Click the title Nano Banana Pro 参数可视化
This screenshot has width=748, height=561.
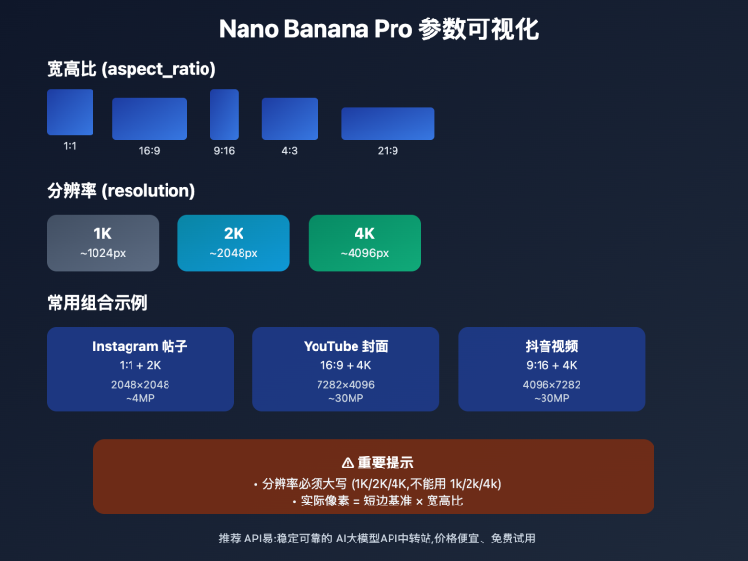[378, 29]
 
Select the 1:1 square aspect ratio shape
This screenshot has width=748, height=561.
[70, 112]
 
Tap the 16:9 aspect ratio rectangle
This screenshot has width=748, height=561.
[149, 119]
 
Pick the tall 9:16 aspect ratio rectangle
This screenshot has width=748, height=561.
[224, 115]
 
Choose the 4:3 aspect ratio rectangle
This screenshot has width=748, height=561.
[289, 119]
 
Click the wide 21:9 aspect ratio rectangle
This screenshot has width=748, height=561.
[388, 124]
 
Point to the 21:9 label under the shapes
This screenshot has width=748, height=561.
[388, 150]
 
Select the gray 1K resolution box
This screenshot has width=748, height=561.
[102, 243]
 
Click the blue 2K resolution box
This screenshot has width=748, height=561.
[233, 243]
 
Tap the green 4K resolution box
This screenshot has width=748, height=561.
[364, 243]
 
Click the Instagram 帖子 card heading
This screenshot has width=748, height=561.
[140, 346]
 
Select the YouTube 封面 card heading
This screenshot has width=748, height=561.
[346, 346]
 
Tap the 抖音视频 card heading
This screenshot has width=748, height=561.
[551, 346]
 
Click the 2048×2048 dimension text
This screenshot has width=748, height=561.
[140, 384]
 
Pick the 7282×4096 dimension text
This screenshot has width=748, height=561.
[346, 384]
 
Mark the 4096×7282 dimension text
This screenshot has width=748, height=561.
[551, 384]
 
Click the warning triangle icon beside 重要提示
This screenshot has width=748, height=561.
[334, 463]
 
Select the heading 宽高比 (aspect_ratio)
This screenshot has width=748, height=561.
[131, 69]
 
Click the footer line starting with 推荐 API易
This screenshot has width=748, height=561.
[378, 538]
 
